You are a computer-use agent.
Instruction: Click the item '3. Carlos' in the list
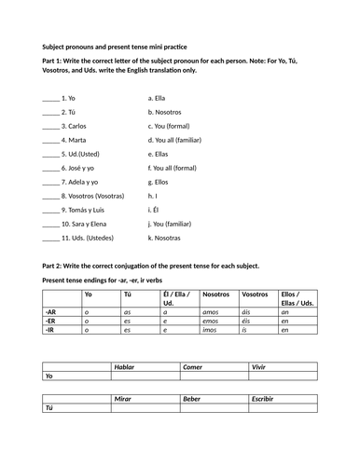click(75, 126)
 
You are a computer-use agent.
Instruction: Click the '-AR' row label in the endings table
click(50, 312)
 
